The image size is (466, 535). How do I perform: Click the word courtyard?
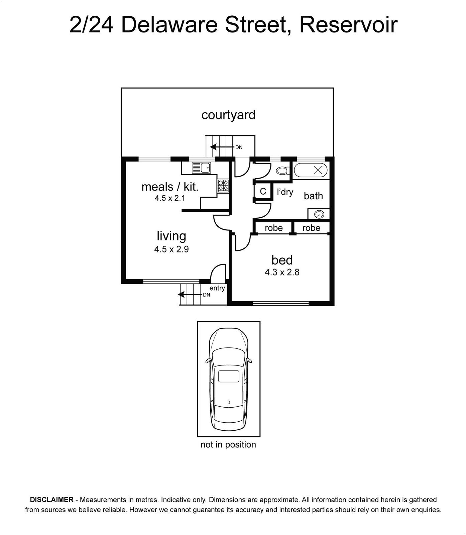tap(228, 115)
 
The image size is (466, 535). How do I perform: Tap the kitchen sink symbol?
tap(201, 168)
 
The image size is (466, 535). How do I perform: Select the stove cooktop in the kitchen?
tap(223, 186)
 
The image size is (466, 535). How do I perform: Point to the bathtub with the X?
tap(310, 171)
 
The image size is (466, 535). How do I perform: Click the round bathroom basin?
tap(319, 214)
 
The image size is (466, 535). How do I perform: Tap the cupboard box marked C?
tap(263, 191)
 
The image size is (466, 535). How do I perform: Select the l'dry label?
tap(285, 192)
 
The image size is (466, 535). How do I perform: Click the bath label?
tap(313, 196)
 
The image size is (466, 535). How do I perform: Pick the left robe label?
tap(274, 228)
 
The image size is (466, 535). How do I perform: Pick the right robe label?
tap(311, 228)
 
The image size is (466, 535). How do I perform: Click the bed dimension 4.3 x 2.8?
tap(282, 272)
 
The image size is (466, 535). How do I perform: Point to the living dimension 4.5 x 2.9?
tap(171, 249)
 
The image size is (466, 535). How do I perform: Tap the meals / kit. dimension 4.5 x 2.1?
tap(170, 198)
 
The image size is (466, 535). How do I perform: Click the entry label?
tap(217, 288)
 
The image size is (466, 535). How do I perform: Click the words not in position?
tap(228, 444)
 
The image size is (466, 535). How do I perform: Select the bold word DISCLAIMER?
tap(51, 500)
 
